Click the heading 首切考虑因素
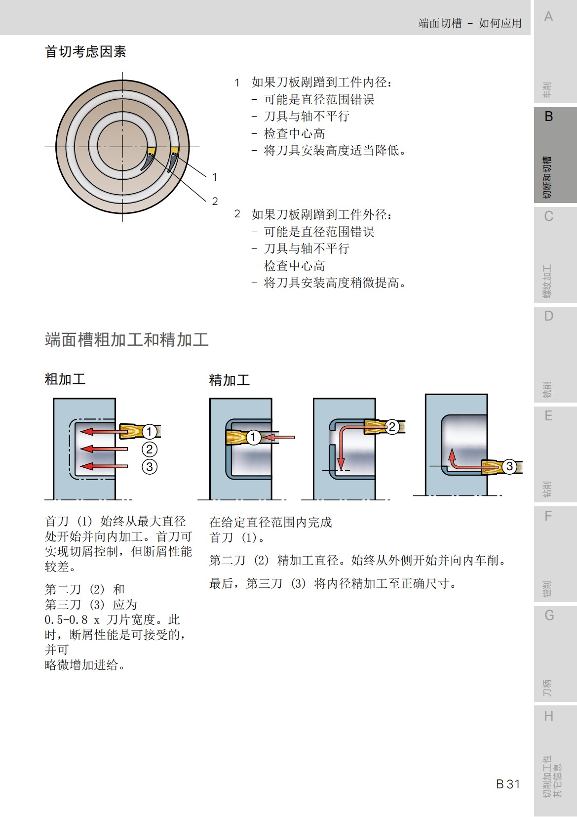point(85,51)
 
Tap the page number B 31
point(508,784)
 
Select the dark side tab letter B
point(548,117)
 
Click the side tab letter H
point(548,716)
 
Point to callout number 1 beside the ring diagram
point(215,177)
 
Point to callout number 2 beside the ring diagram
point(215,201)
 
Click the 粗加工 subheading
point(65,379)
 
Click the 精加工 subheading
point(229,380)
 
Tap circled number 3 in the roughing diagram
point(150,466)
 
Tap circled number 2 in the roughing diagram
point(150,449)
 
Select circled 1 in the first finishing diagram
point(253,437)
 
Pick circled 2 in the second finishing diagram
point(392,427)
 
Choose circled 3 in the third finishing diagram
point(509,466)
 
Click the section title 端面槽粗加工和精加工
point(126,340)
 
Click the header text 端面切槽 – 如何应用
point(469,23)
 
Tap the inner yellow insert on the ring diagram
point(151,151)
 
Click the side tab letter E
point(548,416)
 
